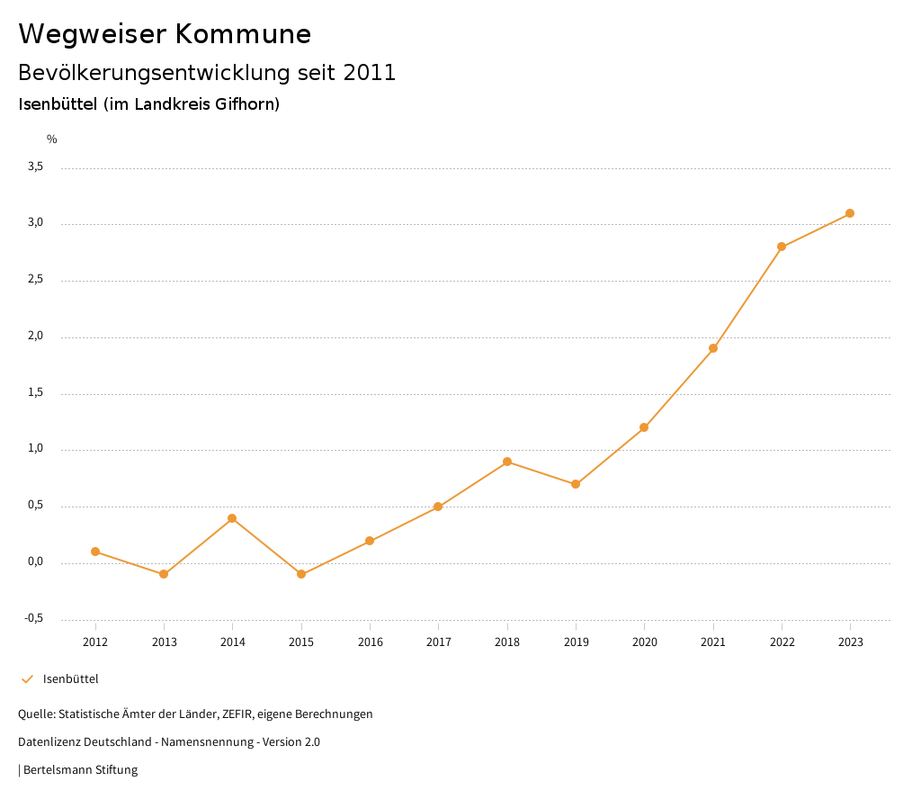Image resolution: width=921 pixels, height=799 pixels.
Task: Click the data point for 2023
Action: coord(850,213)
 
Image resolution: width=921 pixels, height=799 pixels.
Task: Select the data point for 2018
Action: coord(507,462)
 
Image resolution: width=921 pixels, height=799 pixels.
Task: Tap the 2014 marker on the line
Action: coord(232,518)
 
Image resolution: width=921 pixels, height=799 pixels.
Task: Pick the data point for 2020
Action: coord(644,427)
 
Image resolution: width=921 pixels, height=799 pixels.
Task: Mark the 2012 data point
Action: coord(95,552)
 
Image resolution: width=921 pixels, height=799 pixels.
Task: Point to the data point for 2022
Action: coord(782,247)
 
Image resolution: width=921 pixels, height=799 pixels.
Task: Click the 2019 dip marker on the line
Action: coord(576,484)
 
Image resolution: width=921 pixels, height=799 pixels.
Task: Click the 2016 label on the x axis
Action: coord(370,642)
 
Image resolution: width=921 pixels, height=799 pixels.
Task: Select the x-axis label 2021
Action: coord(713,642)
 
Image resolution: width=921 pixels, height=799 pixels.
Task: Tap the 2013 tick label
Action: coord(164,642)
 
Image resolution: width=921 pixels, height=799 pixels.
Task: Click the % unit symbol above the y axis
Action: coord(52,139)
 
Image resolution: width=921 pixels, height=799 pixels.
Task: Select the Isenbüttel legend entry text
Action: coord(70,679)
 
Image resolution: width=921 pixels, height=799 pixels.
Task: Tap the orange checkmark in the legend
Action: coord(27,679)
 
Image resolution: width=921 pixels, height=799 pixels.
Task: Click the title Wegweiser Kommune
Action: coord(165,34)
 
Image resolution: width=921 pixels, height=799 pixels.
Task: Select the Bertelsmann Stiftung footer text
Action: coord(80,770)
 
